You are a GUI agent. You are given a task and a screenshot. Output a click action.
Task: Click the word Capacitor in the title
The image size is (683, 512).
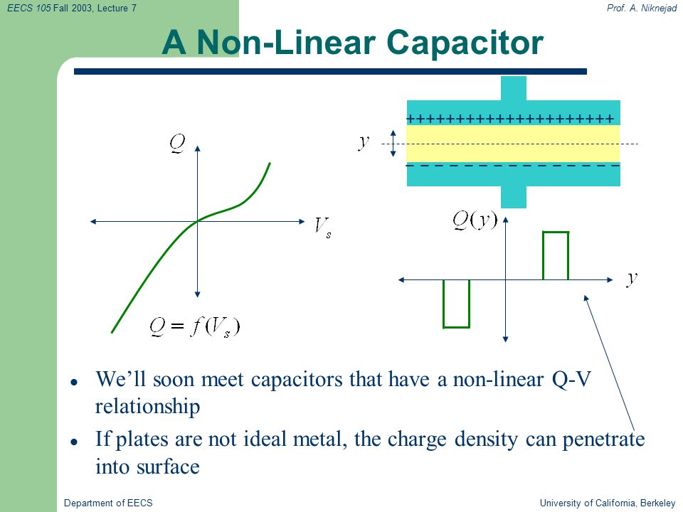[x=465, y=43]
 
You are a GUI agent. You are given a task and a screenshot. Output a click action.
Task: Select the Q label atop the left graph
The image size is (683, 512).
[x=177, y=144]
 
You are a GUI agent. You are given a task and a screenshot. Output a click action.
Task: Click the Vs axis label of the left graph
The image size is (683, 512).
[x=323, y=228]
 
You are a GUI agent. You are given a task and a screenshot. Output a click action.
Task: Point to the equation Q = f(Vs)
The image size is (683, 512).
[x=194, y=327]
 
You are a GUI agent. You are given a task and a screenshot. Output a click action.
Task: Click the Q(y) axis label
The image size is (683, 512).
[x=475, y=220]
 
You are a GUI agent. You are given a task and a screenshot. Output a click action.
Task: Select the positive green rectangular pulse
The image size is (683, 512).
[x=556, y=255]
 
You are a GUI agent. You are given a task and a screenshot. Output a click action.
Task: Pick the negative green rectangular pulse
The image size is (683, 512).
[x=456, y=304]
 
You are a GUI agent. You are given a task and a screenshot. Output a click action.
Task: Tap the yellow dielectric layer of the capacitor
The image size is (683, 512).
[x=513, y=144]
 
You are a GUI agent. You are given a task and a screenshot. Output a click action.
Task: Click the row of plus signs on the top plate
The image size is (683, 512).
[x=510, y=119]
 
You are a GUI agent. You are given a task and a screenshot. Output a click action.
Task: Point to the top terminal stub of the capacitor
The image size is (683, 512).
[x=514, y=88]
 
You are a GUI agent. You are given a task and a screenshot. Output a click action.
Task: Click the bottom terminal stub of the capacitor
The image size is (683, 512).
[x=514, y=197]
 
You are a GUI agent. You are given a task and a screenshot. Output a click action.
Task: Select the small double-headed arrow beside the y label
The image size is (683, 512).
[x=393, y=143]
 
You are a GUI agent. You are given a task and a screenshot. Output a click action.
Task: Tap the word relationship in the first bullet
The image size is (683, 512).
[x=148, y=407]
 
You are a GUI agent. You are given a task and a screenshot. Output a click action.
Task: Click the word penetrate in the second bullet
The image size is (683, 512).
[x=603, y=439]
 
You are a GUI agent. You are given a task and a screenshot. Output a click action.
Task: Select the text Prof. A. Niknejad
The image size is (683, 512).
[x=642, y=8]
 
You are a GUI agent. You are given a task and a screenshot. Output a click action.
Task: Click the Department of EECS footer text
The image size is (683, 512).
[x=108, y=503]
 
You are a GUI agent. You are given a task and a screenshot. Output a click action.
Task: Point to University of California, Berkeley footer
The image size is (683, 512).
[x=608, y=503]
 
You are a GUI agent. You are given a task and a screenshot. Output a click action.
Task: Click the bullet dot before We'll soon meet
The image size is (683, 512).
[x=74, y=383]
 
